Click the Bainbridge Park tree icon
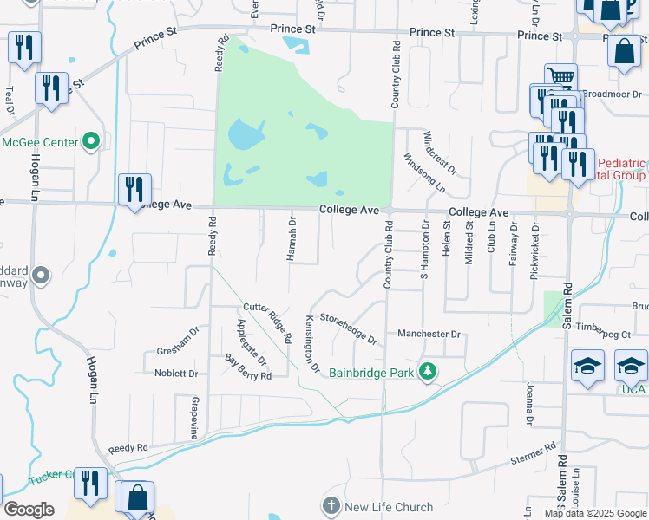(427, 371)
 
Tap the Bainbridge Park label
(372, 373)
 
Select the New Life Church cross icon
(331, 506)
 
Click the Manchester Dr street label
(428, 334)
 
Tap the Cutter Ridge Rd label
(265, 318)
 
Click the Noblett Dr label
(176, 374)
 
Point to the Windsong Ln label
(425, 173)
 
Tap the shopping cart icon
(560, 77)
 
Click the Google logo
(29, 510)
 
